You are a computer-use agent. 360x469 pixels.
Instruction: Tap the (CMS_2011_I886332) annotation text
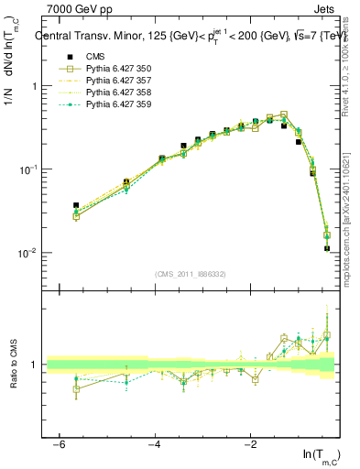(x=190, y=274)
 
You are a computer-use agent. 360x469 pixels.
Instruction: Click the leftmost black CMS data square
(x=76, y=205)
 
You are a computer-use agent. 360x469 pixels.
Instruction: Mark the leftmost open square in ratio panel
(x=76, y=388)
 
